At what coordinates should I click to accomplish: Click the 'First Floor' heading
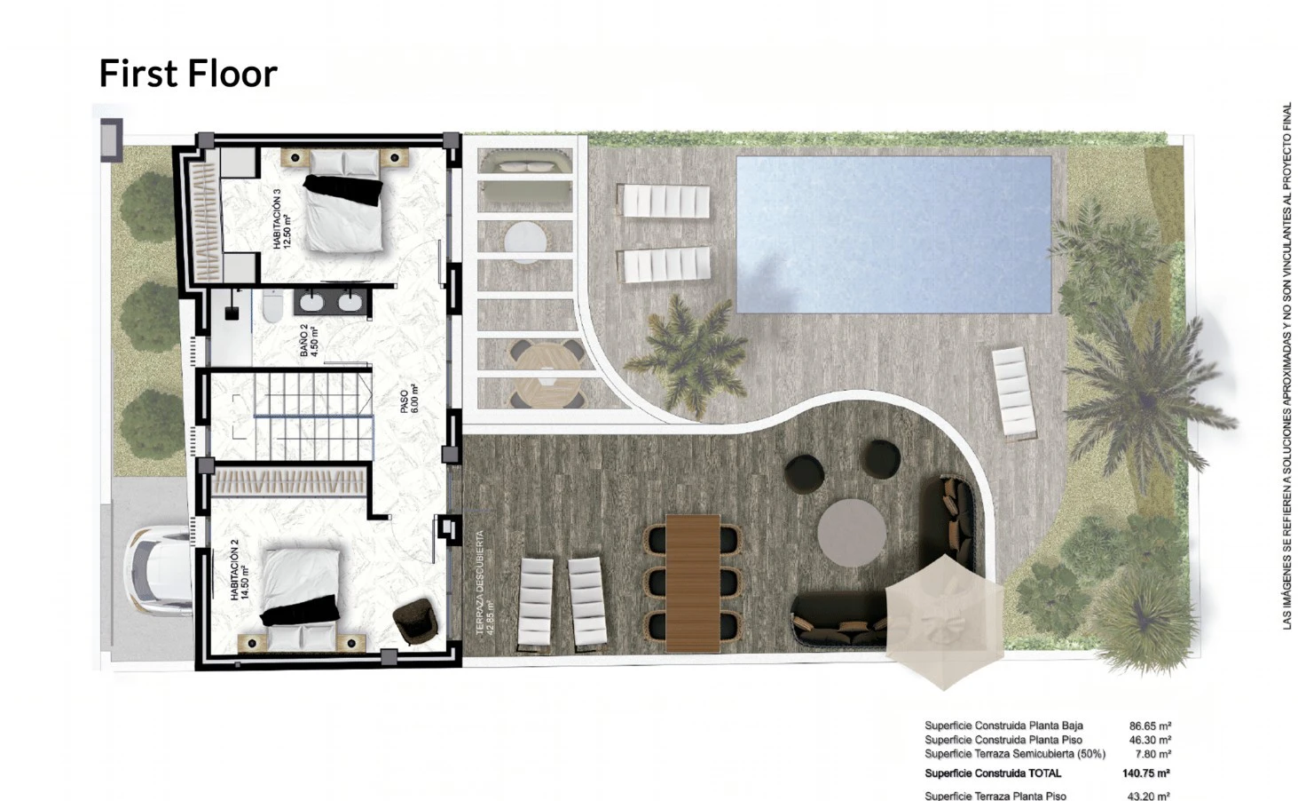click(x=188, y=74)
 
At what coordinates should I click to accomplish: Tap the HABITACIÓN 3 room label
click(x=281, y=219)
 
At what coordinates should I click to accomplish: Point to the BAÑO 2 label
click(x=309, y=341)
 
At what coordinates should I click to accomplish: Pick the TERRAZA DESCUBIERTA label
click(x=485, y=583)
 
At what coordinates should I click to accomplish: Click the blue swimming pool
click(x=893, y=234)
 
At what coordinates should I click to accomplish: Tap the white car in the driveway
click(x=158, y=571)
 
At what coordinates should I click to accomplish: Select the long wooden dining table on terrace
click(x=692, y=583)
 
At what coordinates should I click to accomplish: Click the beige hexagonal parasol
click(x=945, y=622)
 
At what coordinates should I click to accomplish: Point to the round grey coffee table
click(x=851, y=533)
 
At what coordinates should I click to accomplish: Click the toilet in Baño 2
click(x=272, y=305)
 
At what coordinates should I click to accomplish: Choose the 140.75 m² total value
click(x=1146, y=773)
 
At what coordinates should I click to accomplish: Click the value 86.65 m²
click(x=1150, y=726)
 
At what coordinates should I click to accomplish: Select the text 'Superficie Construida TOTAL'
click(x=993, y=773)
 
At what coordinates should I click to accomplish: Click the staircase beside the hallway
click(x=313, y=416)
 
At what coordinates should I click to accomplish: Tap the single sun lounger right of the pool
click(x=1013, y=392)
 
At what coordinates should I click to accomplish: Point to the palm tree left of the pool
click(x=688, y=355)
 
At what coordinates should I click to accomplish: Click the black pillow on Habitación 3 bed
click(x=343, y=189)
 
